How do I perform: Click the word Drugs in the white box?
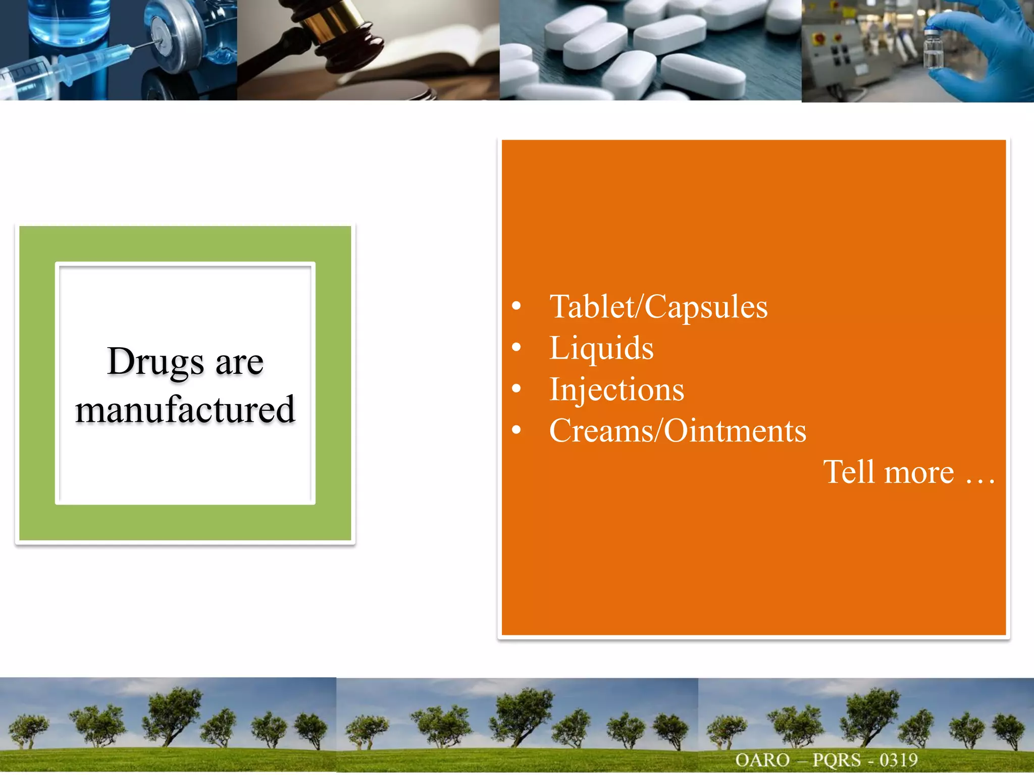pos(156,361)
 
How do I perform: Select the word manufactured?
pos(185,409)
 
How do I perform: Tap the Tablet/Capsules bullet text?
pos(658,307)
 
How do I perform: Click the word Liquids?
pos(601,348)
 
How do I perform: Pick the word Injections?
pos(616,390)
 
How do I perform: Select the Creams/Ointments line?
pos(678,431)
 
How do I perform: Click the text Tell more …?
pos(909,472)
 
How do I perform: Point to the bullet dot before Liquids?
pos(516,347)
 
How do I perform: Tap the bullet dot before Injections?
pos(516,389)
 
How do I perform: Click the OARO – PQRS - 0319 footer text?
pos(826,760)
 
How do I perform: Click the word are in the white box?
pos(239,362)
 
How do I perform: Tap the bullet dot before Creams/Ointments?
pos(516,430)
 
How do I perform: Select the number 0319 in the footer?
pos(898,760)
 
